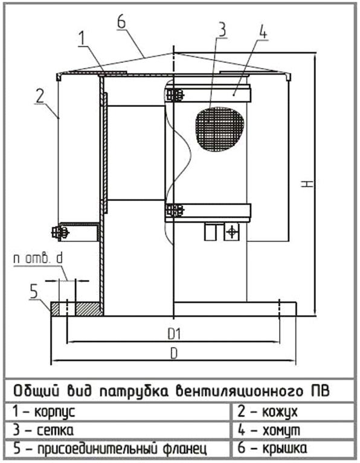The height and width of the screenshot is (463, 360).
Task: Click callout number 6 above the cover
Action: tap(121, 22)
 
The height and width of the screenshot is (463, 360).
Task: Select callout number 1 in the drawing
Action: tap(82, 39)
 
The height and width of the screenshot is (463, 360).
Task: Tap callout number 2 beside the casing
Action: tap(40, 95)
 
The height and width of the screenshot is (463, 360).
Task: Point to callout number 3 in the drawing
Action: tap(222, 30)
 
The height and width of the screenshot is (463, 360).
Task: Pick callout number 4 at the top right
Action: tap(263, 32)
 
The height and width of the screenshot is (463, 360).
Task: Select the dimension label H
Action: tap(307, 184)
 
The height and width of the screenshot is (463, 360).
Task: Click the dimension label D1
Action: tap(174, 334)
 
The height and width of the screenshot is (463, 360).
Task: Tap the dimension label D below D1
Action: tap(174, 353)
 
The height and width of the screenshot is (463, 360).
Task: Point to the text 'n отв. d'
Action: tap(38, 259)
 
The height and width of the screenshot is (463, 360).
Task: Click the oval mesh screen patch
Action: tap(220, 129)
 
